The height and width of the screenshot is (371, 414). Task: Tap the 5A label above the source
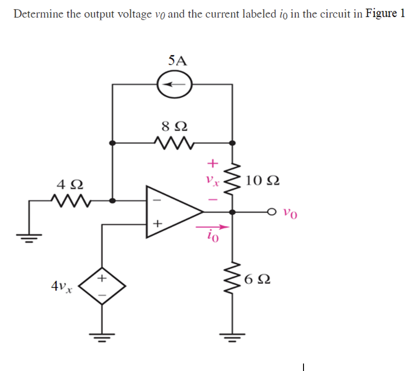tap(177, 60)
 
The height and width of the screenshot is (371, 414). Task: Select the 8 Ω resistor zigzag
tap(172, 142)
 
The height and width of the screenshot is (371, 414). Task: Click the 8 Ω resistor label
tap(174, 126)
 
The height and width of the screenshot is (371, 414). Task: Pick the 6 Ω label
tap(256, 281)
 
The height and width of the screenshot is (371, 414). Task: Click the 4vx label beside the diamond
tap(62, 285)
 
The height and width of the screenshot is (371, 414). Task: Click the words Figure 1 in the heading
tap(385, 14)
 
